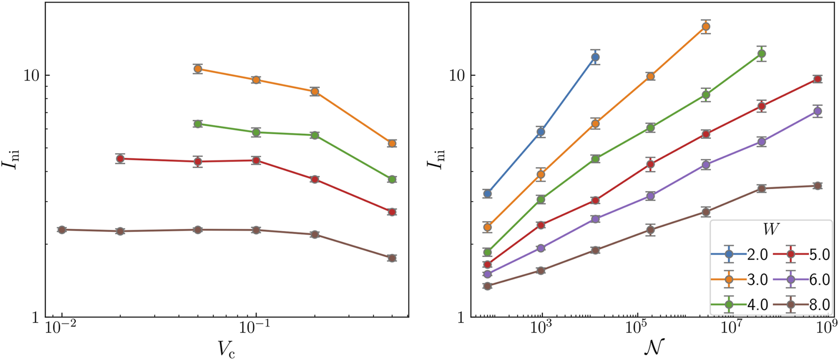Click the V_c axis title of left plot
pyautogui.click(x=227, y=347)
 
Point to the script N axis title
pyautogui.click(x=654, y=346)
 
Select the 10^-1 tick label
pyautogui.click(x=255, y=328)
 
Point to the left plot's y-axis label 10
pyautogui.click(x=32, y=75)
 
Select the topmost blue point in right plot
pyautogui.click(x=595, y=57)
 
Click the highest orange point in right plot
pyautogui.click(x=706, y=26)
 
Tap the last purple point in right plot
pyautogui.click(x=818, y=111)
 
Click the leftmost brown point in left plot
pyautogui.click(x=62, y=229)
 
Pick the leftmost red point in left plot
pyautogui.click(x=120, y=158)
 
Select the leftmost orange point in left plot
pyautogui.click(x=197, y=68)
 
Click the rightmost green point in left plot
pyautogui.click(x=392, y=179)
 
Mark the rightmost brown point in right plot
pyautogui.click(x=818, y=185)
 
